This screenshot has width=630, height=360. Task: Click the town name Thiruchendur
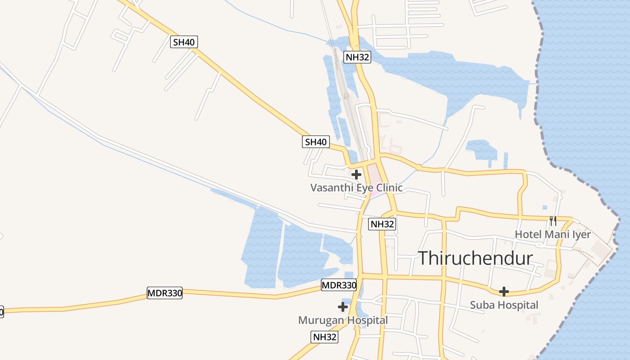(476, 259)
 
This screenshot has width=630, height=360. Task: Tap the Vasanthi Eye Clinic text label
(356, 188)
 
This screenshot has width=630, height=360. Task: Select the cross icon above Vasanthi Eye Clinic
(356, 174)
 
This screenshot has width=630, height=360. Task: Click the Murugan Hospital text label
(343, 320)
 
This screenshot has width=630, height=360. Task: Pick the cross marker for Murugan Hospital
(343, 307)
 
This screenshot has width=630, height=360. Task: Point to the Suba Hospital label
(504, 305)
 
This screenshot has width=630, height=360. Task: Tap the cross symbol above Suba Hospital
(504, 292)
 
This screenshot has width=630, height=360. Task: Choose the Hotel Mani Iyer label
(553, 234)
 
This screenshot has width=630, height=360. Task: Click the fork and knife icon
(553, 221)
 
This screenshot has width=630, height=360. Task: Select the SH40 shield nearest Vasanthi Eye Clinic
(315, 142)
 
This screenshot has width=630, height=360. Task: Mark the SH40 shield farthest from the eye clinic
(184, 42)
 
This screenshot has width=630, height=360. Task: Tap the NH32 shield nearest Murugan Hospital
(324, 337)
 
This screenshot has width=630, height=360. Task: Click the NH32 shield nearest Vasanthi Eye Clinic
(382, 224)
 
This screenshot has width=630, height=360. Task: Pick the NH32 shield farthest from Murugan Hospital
(357, 57)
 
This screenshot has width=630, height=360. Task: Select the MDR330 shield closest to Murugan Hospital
(339, 285)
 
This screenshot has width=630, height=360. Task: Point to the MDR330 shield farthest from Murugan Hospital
(165, 293)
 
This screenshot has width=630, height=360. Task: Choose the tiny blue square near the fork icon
(545, 207)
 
